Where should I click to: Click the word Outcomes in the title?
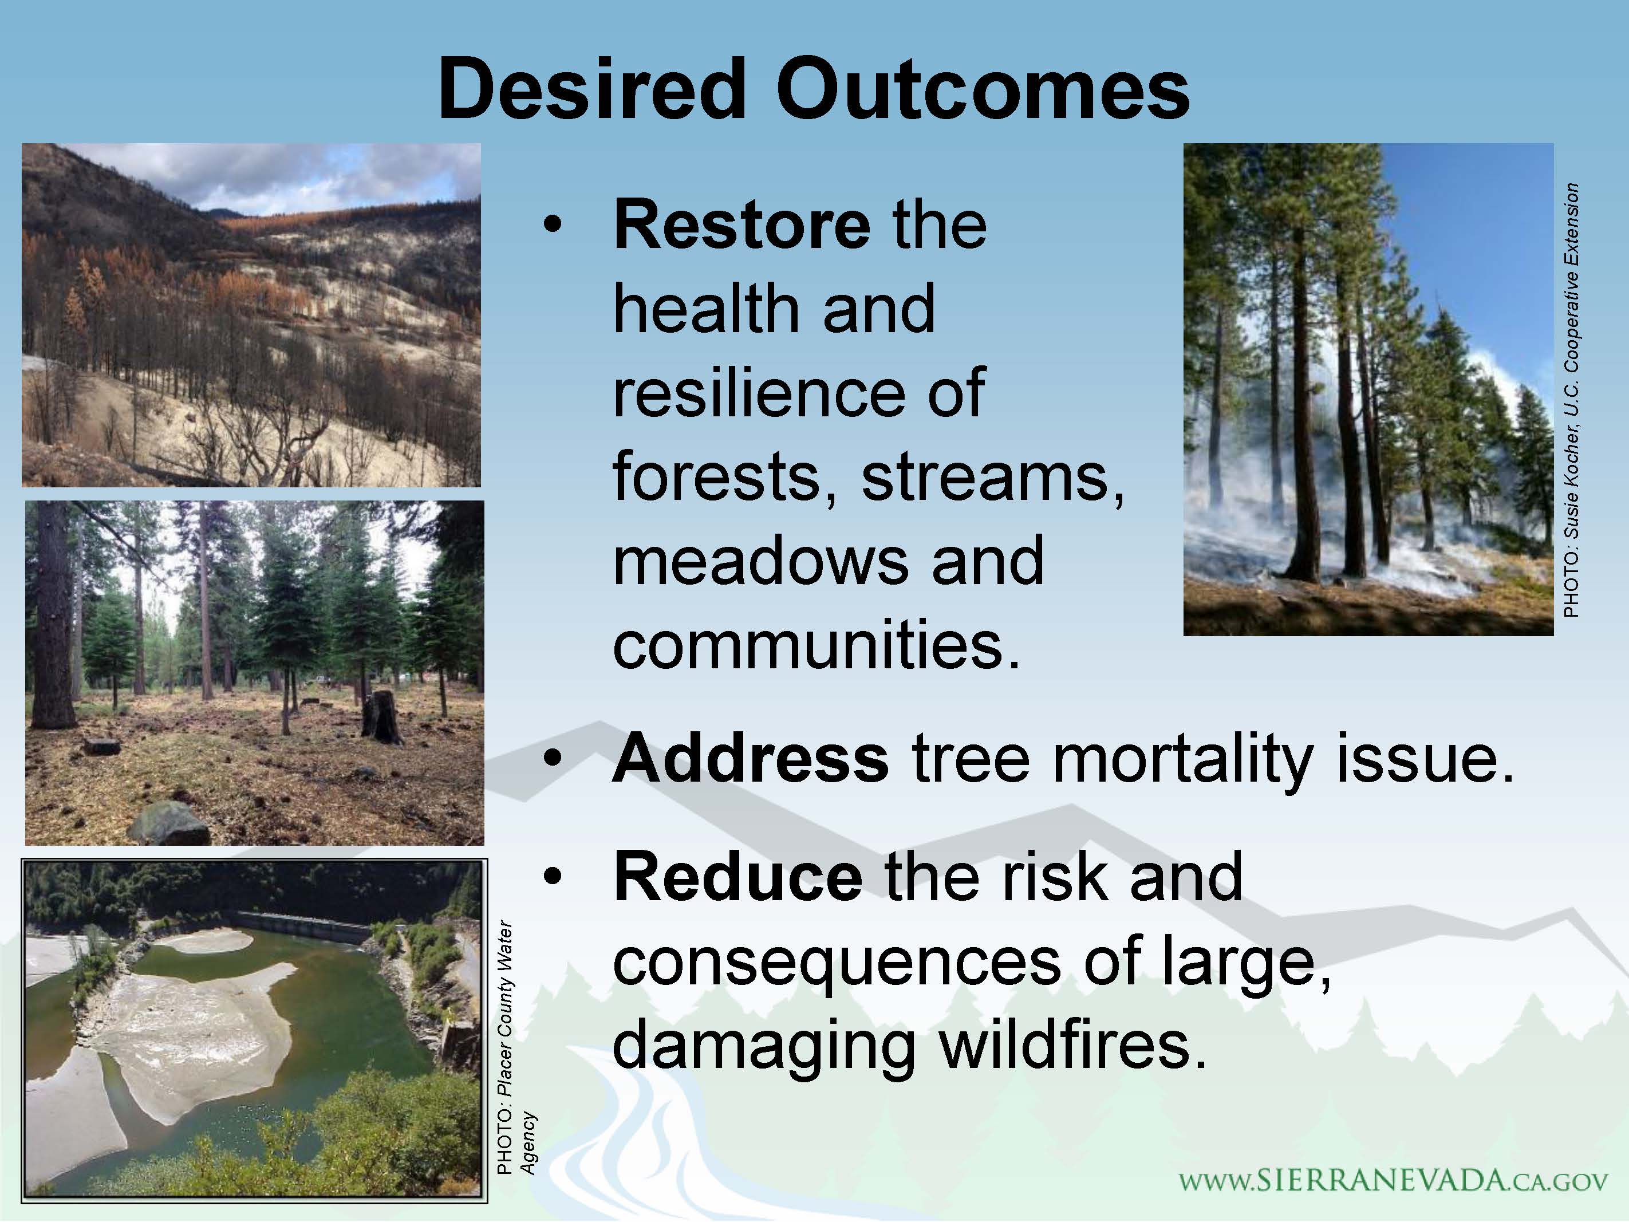click(x=983, y=89)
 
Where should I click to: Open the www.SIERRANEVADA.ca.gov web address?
click(x=1393, y=1181)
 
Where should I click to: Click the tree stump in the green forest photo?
click(x=381, y=716)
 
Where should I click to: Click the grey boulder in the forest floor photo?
click(x=169, y=823)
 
